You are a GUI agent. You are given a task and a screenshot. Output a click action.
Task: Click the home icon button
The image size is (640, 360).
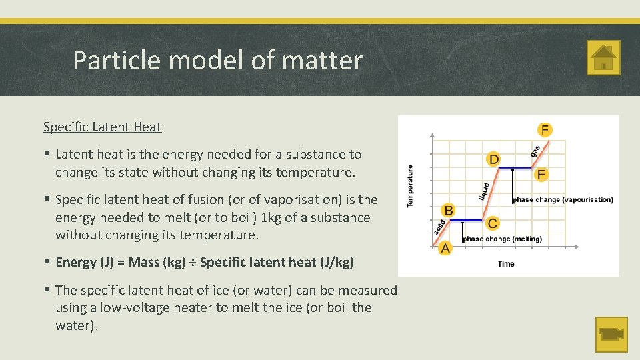603,57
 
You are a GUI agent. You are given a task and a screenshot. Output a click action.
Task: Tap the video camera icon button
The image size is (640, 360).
611,334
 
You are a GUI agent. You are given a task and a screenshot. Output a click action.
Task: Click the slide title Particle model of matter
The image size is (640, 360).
217,60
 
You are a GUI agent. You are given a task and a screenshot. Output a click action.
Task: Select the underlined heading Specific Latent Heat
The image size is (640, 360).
102,127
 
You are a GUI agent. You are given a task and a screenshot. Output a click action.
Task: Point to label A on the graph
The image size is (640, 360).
445,248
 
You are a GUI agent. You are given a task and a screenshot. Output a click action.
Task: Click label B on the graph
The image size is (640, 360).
449,211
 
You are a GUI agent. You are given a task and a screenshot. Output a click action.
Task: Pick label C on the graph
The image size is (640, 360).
492,223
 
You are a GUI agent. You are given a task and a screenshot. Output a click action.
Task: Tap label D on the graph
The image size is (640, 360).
494,159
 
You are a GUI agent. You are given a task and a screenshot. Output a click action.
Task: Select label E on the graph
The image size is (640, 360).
541,175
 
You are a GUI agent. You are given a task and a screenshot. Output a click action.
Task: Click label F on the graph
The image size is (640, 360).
545,129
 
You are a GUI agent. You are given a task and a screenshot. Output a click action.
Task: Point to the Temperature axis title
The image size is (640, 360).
410,186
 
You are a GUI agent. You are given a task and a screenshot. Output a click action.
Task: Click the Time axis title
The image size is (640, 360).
506,264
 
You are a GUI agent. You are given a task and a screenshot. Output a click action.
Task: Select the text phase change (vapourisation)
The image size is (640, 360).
563,199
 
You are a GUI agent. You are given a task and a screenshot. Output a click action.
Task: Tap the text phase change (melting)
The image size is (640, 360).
502,239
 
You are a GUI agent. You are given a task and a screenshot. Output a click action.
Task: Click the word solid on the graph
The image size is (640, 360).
439,227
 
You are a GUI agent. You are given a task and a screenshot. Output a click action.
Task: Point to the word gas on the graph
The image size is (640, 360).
535,151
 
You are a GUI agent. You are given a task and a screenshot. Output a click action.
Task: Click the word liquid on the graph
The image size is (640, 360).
485,191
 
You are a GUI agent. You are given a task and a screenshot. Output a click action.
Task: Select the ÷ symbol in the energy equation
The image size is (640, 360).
192,263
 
